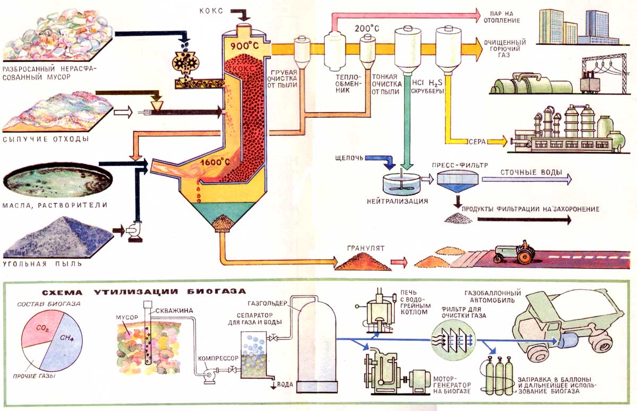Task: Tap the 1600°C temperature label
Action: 216,161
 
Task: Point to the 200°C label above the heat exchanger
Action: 365,27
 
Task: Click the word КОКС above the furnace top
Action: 213,11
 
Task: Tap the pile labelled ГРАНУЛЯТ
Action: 361,260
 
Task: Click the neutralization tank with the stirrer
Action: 399,183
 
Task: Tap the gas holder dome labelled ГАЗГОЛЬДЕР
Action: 318,343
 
